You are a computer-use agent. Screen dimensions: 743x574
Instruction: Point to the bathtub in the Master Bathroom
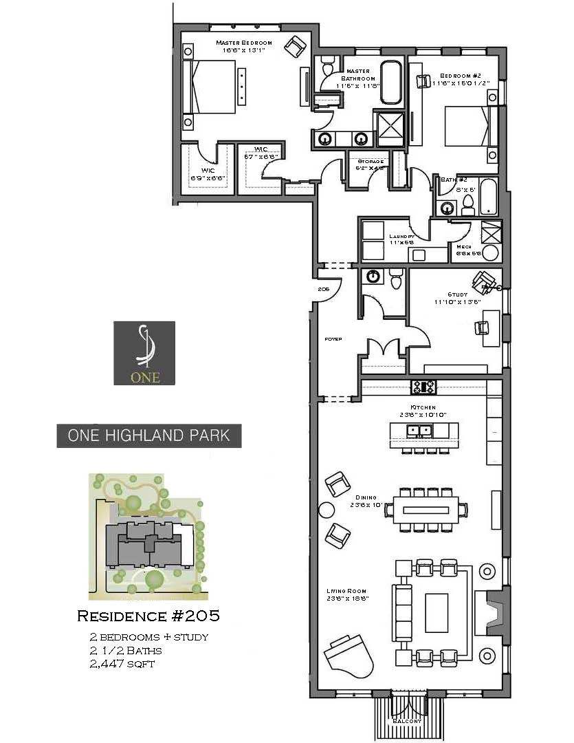point(392,83)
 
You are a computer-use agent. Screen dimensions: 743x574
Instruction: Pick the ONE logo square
point(144,353)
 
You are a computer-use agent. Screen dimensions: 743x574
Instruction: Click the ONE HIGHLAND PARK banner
point(149,435)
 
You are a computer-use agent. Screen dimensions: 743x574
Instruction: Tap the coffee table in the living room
point(436,612)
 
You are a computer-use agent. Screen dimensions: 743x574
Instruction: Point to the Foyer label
point(333,339)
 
